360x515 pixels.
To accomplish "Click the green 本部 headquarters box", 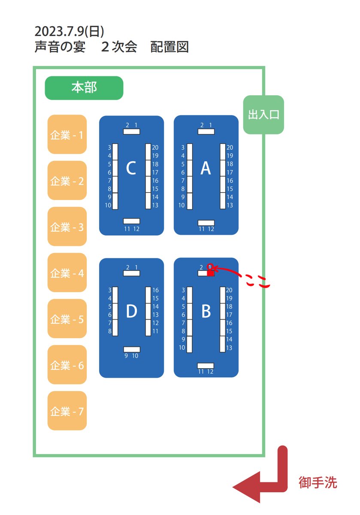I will click(84, 88).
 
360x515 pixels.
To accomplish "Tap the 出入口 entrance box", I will click(263, 115).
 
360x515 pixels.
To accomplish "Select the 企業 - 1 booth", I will click(67, 135).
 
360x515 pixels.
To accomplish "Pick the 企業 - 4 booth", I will click(67, 273).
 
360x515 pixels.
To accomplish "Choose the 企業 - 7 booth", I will click(67, 411).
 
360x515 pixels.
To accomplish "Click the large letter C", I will click(131, 169).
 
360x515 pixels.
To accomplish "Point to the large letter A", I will click(206, 169).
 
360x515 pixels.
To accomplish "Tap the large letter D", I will click(131, 312).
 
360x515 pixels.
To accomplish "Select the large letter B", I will click(206, 312).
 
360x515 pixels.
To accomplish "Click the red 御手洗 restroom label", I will click(318, 483).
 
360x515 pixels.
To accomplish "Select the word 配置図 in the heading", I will click(170, 47).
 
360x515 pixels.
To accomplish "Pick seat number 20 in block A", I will click(230, 148).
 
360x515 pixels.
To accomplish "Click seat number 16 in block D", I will click(155, 291).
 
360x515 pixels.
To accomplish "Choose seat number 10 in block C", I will click(108, 206).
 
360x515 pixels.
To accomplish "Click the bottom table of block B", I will click(206, 366).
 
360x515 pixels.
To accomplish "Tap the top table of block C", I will click(131, 131).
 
